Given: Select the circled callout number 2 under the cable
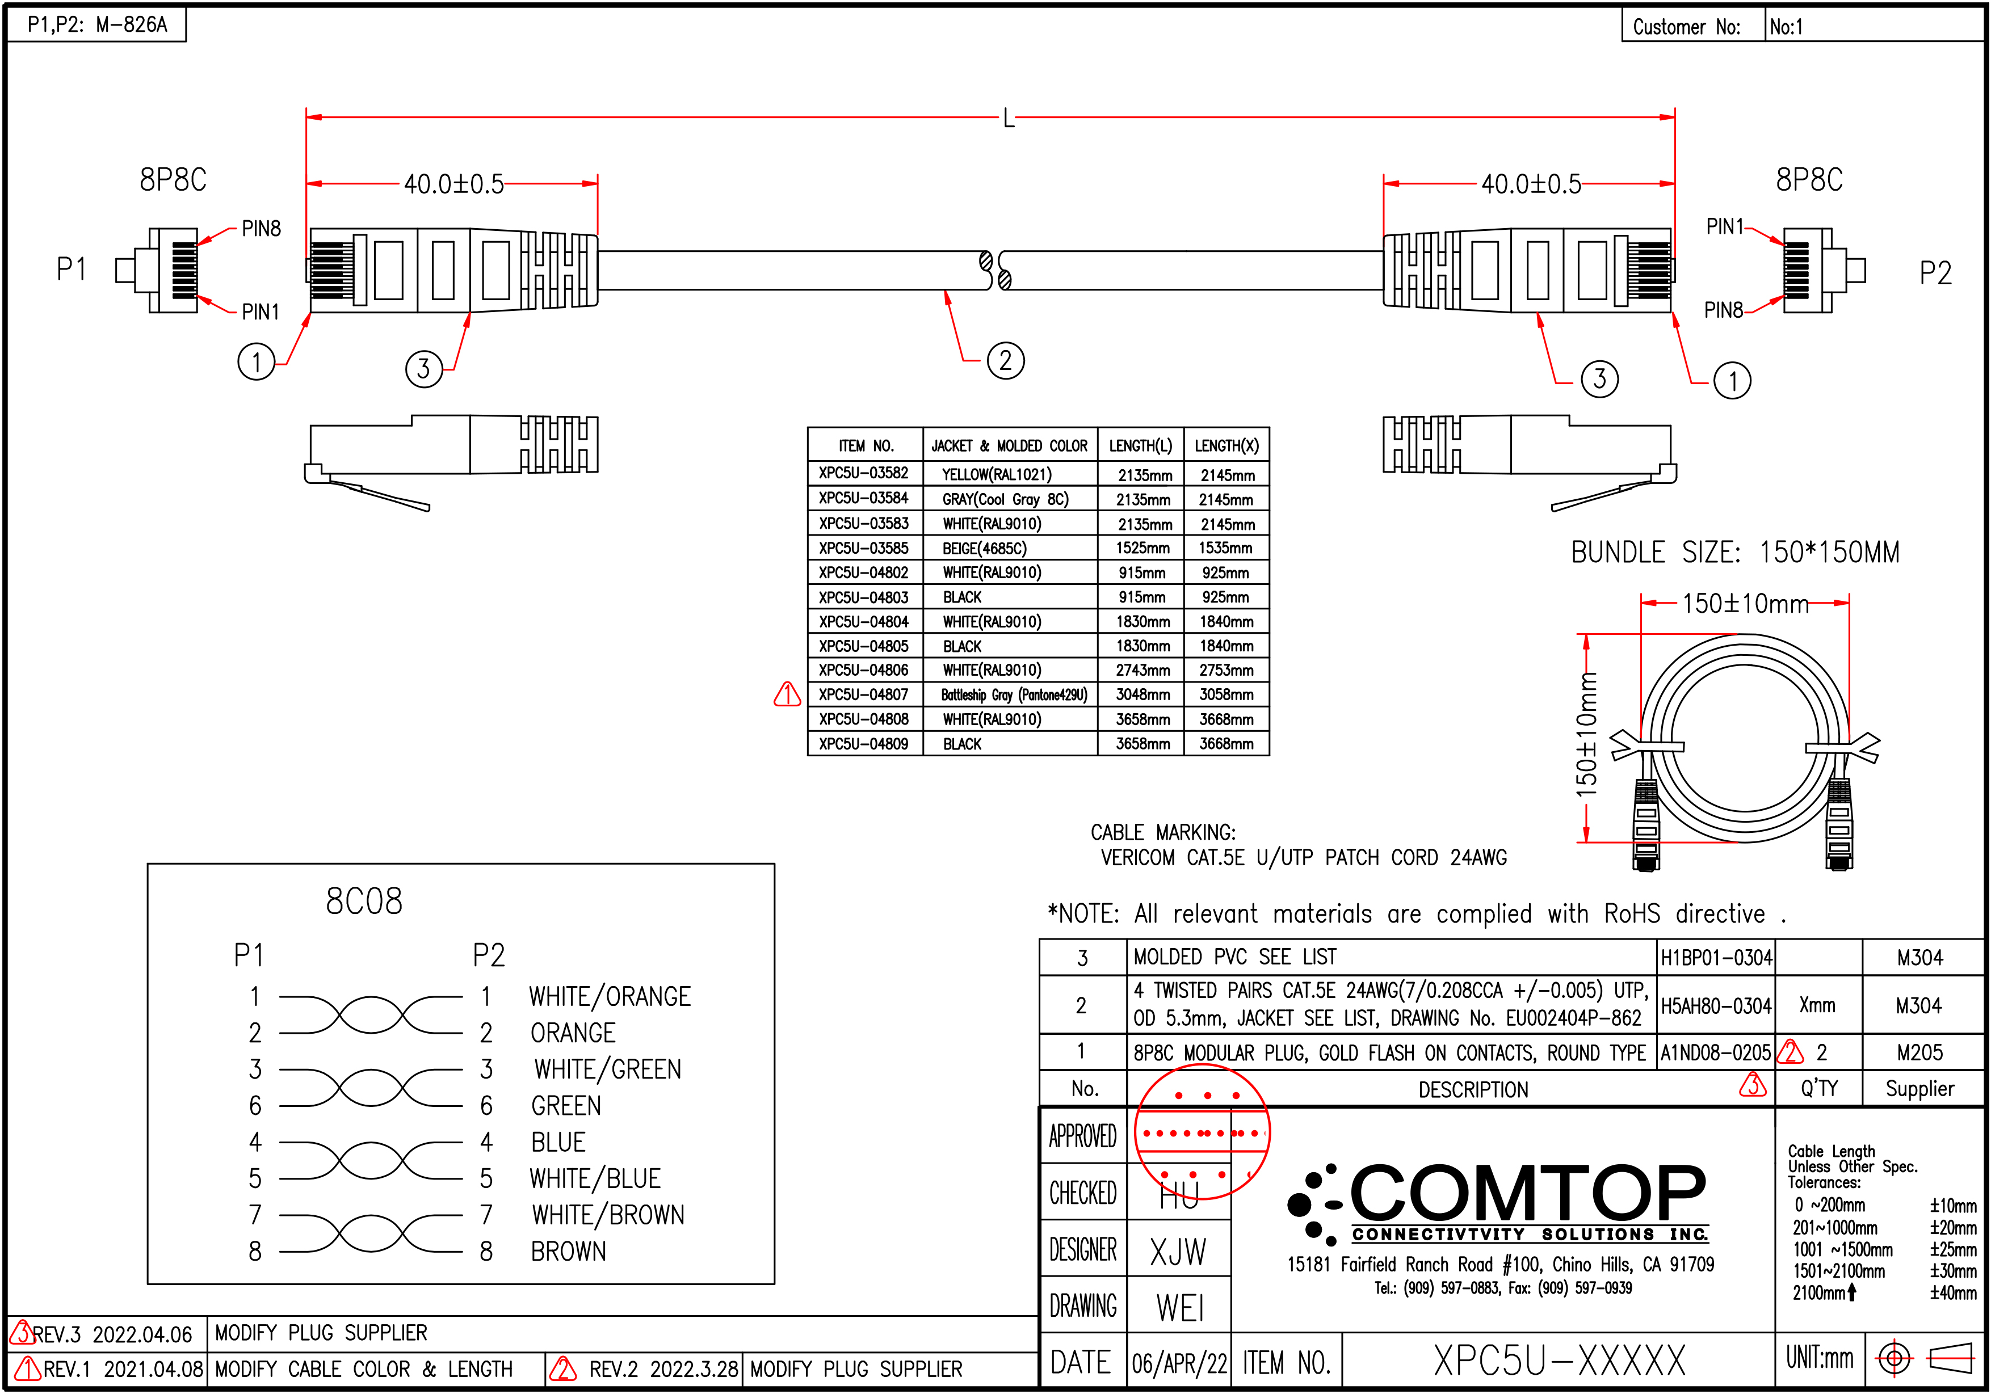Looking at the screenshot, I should pos(1005,361).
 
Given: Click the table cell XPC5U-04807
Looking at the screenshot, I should pos(864,695).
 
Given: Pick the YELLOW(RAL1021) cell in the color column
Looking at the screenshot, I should pos(997,475).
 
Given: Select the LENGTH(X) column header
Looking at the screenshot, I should pos(1225,445).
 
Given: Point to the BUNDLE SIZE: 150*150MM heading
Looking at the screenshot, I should pos(1734,552).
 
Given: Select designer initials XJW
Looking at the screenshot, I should pos(1178,1252).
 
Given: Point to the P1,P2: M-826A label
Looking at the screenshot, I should pos(97,24).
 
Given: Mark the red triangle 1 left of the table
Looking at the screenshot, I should pos(787,694).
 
